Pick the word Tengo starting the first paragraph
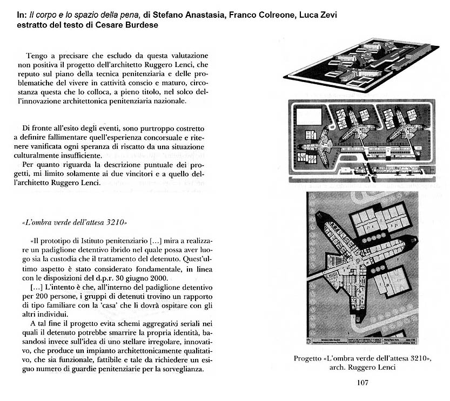[x=36, y=56]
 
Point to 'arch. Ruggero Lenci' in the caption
[x=362, y=368]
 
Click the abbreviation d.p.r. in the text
[x=98, y=278]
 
